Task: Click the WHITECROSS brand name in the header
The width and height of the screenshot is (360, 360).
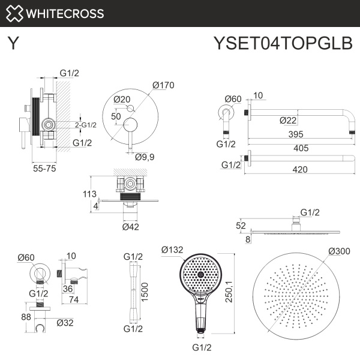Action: click(x=65, y=13)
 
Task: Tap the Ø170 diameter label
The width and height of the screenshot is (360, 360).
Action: click(x=163, y=85)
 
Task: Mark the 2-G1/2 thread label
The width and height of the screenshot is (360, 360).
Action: click(x=86, y=124)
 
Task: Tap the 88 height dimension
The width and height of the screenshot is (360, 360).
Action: click(x=26, y=317)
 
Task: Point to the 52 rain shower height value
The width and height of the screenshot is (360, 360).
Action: click(x=241, y=226)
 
